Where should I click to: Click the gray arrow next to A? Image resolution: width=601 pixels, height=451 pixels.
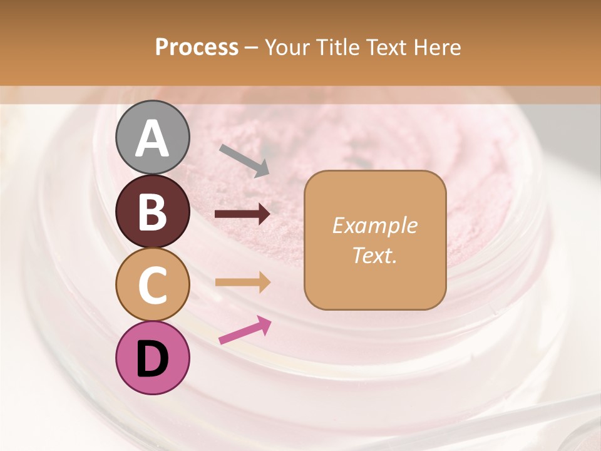pyautogui.click(x=244, y=160)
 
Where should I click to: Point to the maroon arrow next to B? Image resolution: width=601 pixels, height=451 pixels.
pyautogui.click(x=242, y=214)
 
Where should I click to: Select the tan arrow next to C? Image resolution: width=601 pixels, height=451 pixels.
pyautogui.click(x=242, y=282)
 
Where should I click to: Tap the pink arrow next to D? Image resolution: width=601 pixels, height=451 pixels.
pyautogui.click(x=245, y=330)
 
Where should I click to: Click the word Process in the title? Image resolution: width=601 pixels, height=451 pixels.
pyautogui.click(x=197, y=47)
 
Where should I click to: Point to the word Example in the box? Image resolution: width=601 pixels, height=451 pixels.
pyautogui.click(x=374, y=225)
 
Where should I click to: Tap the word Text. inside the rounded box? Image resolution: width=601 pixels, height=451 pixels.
pyautogui.click(x=374, y=256)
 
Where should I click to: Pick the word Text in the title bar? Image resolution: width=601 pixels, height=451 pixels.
pyautogui.click(x=384, y=47)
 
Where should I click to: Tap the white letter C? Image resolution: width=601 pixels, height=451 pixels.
pyautogui.click(x=152, y=286)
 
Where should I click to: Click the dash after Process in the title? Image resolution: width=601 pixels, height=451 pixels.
pyautogui.click(x=252, y=48)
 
